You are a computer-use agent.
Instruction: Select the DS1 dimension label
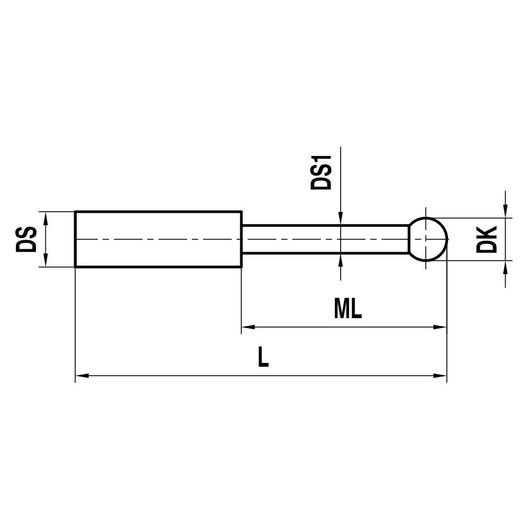pyautogui.click(x=321, y=172)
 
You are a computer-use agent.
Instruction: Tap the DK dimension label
pyautogui.click(x=486, y=239)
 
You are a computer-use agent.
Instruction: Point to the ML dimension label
pyautogui.click(x=348, y=309)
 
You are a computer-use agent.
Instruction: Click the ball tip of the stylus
pyautogui.click(x=428, y=239)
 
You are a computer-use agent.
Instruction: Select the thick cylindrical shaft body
pyautogui.click(x=158, y=239)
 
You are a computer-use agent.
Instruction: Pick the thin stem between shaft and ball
pyautogui.click(x=325, y=239)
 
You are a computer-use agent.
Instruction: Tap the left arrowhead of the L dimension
pyautogui.click(x=83, y=376)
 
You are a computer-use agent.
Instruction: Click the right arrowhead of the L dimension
pyautogui.click(x=440, y=376)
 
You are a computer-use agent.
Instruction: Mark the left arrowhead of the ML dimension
pyautogui.click(x=249, y=327)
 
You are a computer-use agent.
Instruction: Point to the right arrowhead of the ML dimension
pyautogui.click(x=440, y=327)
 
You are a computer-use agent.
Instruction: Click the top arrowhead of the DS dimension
pyautogui.click(x=46, y=218)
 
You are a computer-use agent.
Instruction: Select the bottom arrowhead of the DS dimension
pyautogui.click(x=46, y=260)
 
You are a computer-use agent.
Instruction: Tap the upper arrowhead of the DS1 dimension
pyautogui.click(x=341, y=219)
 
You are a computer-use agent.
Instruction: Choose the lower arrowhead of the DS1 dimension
pyautogui.click(x=341, y=260)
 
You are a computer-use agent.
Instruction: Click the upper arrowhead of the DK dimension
pyautogui.click(x=506, y=211)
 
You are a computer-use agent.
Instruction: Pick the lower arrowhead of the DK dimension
pyautogui.click(x=506, y=267)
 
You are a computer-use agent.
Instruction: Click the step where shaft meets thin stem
pyautogui.click(x=242, y=239)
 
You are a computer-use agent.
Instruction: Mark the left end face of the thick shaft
pyautogui.click(x=75, y=239)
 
